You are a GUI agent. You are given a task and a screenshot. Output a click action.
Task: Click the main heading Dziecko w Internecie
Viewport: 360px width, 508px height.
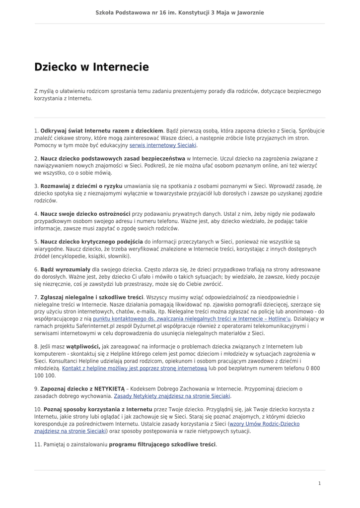point(91,67)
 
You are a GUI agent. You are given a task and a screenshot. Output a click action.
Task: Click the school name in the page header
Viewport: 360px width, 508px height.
point(180,12)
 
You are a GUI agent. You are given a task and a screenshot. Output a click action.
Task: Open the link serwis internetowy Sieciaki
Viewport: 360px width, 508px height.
point(163,146)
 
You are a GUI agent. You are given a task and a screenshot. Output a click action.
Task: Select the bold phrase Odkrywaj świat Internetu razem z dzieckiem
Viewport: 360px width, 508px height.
point(102,131)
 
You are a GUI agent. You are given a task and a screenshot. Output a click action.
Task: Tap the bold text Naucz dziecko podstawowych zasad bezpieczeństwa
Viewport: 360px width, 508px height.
point(106,158)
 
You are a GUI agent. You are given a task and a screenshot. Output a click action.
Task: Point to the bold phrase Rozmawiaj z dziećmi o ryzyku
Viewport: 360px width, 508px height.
point(81,186)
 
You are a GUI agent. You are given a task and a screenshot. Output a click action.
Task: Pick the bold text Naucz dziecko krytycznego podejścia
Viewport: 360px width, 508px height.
point(91,242)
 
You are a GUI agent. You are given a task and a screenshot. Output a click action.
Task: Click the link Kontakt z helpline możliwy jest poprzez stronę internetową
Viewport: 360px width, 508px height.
point(135,369)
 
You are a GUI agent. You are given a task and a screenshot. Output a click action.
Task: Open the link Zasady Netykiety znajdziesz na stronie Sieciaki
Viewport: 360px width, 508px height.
point(172,396)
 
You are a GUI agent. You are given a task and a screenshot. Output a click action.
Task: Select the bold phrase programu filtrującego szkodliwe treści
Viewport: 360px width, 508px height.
point(162,444)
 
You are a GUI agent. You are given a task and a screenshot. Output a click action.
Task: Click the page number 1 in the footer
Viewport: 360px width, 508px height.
point(319,483)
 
